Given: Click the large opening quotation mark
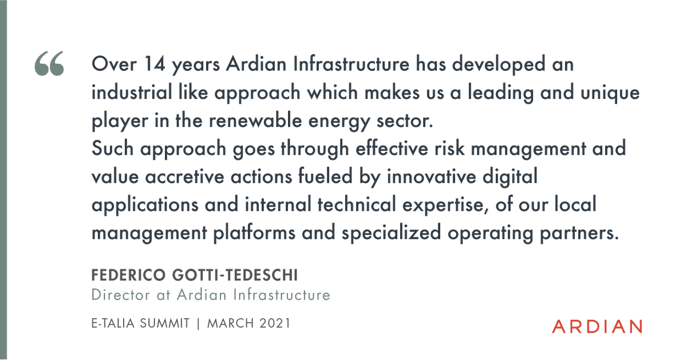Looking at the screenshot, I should point(49,64).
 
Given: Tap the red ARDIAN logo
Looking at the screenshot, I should point(597,327).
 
